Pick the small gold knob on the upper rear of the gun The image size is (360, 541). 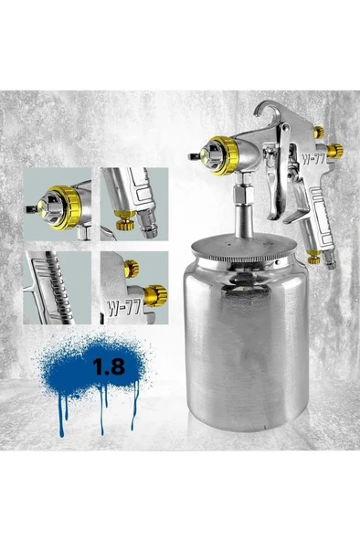coord(318,133)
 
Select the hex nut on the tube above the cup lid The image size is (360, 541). coord(241,196)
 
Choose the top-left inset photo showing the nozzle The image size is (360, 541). coord(57,203)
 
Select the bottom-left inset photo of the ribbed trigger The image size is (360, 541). coord(57,289)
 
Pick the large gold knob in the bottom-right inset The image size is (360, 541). coord(158,294)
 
